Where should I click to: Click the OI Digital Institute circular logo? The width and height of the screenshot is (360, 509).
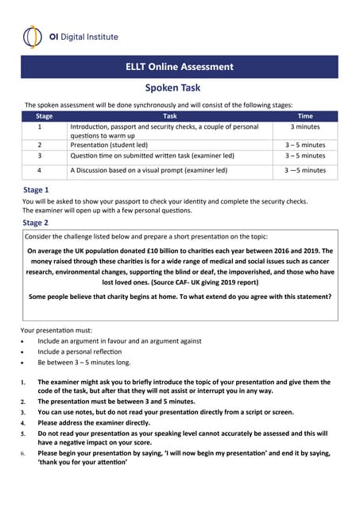pyautogui.click(x=32, y=37)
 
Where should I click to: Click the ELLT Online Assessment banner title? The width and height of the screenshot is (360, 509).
pyautogui.click(x=180, y=67)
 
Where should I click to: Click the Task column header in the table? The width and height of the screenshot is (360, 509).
pyautogui.click(x=169, y=116)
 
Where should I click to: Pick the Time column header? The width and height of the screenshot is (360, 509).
pyautogui.click(x=305, y=116)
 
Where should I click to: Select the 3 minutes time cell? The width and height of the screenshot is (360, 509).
pyautogui.click(x=305, y=126)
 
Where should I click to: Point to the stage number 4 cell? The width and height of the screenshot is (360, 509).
pyautogui.click(x=40, y=170)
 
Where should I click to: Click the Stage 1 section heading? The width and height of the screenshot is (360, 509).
pyautogui.click(x=36, y=190)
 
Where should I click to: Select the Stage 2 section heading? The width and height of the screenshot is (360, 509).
pyautogui.click(x=36, y=223)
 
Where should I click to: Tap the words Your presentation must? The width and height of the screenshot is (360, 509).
pyautogui.click(x=55, y=329)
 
